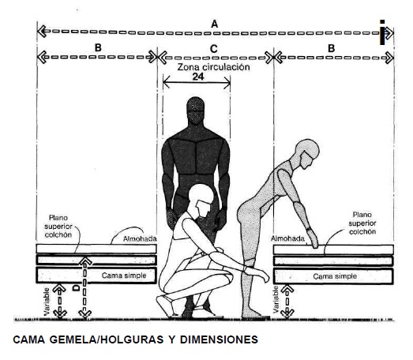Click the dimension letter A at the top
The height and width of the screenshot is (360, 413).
(x=215, y=24)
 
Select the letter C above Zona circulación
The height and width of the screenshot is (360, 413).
(x=214, y=49)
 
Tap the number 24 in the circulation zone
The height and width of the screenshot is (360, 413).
(x=198, y=77)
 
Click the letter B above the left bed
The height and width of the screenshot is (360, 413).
(x=98, y=48)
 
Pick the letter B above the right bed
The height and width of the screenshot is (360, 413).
(x=331, y=48)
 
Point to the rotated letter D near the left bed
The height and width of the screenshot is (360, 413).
(x=76, y=288)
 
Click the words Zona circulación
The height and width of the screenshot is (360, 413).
(x=214, y=67)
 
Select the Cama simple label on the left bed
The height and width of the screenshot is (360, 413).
(x=124, y=276)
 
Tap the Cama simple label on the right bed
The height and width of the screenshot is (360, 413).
(x=335, y=276)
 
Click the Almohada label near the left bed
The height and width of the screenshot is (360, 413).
(x=140, y=239)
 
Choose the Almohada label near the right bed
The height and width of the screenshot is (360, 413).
(x=287, y=238)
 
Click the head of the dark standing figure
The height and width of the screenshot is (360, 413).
(x=195, y=110)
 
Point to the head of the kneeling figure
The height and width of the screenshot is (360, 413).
(x=202, y=201)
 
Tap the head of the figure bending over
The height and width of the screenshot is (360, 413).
(x=307, y=153)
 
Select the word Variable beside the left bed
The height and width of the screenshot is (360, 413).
(x=47, y=302)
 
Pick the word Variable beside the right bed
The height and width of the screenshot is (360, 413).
(x=276, y=300)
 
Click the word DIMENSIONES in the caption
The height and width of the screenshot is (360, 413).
(x=219, y=339)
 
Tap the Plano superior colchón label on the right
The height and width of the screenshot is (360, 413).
(x=362, y=223)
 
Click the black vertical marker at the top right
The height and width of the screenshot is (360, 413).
(x=382, y=32)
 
